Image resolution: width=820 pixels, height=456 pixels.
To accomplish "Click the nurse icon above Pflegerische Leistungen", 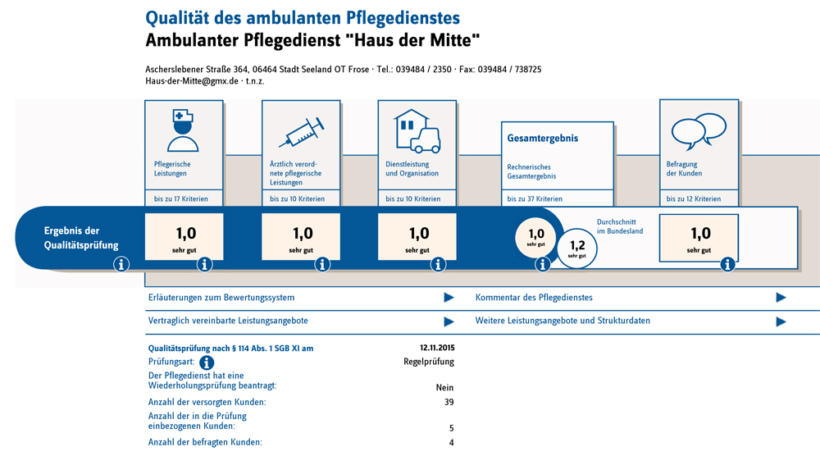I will pyautogui.click(x=183, y=131).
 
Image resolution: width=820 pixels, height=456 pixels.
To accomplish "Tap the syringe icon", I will pyautogui.click(x=301, y=131).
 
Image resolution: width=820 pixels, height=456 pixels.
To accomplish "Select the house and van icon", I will pyautogui.click(x=417, y=131).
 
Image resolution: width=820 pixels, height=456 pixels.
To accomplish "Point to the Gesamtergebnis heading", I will pyautogui.click(x=543, y=139).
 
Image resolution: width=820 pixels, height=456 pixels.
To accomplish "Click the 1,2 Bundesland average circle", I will pyautogui.click(x=577, y=248).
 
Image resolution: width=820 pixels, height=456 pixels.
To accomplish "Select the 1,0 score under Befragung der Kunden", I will pyautogui.click(x=699, y=237).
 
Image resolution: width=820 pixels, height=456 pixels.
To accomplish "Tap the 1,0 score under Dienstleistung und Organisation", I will pyautogui.click(x=418, y=237).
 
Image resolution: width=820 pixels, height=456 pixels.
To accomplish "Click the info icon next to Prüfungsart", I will pyautogui.click(x=207, y=362).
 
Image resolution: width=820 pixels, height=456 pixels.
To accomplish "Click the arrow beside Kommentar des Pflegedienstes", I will pyautogui.click(x=781, y=298).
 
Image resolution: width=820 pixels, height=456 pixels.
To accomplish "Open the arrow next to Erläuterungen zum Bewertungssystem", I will pyautogui.click(x=449, y=298).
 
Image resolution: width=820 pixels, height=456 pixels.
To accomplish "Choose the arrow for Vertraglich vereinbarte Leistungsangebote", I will pyautogui.click(x=449, y=321).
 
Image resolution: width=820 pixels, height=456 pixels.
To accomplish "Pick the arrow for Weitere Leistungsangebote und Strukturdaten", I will pyautogui.click(x=781, y=321).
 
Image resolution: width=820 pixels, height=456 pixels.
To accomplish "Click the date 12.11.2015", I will pyautogui.click(x=436, y=349).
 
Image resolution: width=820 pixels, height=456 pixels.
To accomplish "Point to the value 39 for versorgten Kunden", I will pyautogui.click(x=448, y=403).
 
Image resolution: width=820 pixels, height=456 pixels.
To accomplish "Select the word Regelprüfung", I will pyautogui.click(x=429, y=362).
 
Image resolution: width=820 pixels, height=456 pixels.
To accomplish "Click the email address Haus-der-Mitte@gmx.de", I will pyautogui.click(x=192, y=81).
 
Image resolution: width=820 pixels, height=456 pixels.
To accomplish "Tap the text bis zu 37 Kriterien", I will pyautogui.click(x=535, y=199).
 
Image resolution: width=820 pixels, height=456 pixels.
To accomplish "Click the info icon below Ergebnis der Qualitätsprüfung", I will pyautogui.click(x=121, y=264).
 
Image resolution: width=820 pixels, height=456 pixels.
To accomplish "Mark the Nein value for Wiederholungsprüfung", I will pyautogui.click(x=445, y=388).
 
